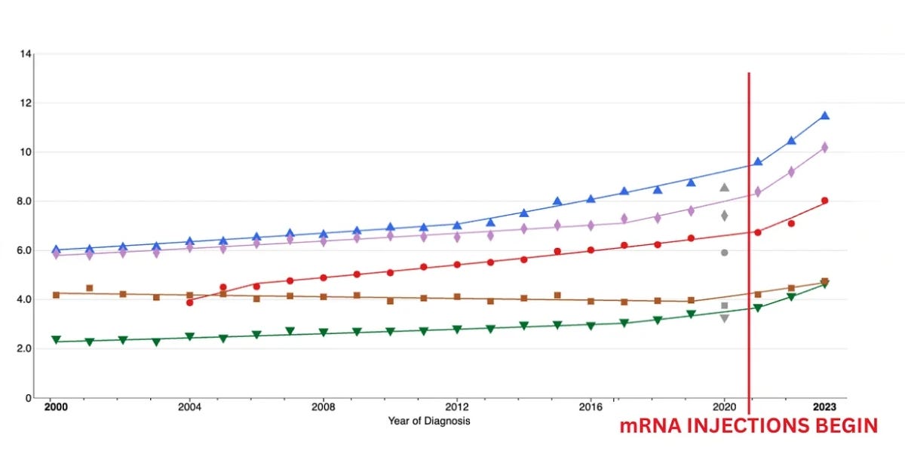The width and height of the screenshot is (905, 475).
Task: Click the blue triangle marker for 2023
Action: coord(824,115)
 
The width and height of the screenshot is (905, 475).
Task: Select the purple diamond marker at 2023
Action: coord(824,148)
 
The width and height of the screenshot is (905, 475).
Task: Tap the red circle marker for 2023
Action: coord(824,201)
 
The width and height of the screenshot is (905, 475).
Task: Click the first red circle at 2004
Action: coord(189,302)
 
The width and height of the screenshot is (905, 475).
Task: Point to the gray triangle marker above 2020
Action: coord(725,187)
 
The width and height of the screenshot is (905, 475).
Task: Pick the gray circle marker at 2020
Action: coord(725,253)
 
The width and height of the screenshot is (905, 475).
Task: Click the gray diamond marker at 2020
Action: coord(725,216)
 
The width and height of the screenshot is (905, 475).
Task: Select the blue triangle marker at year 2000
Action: coord(56,250)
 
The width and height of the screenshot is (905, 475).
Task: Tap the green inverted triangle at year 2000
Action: coord(56,340)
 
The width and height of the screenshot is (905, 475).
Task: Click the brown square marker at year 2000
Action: coord(56,295)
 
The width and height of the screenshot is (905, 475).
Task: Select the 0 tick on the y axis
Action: coord(28,398)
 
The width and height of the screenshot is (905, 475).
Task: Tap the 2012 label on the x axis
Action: coord(456,406)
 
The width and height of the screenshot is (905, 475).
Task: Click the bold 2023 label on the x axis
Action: coord(824,406)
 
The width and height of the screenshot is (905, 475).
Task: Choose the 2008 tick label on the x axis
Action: coord(323,406)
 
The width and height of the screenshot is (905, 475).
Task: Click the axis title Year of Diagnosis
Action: coord(429,421)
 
